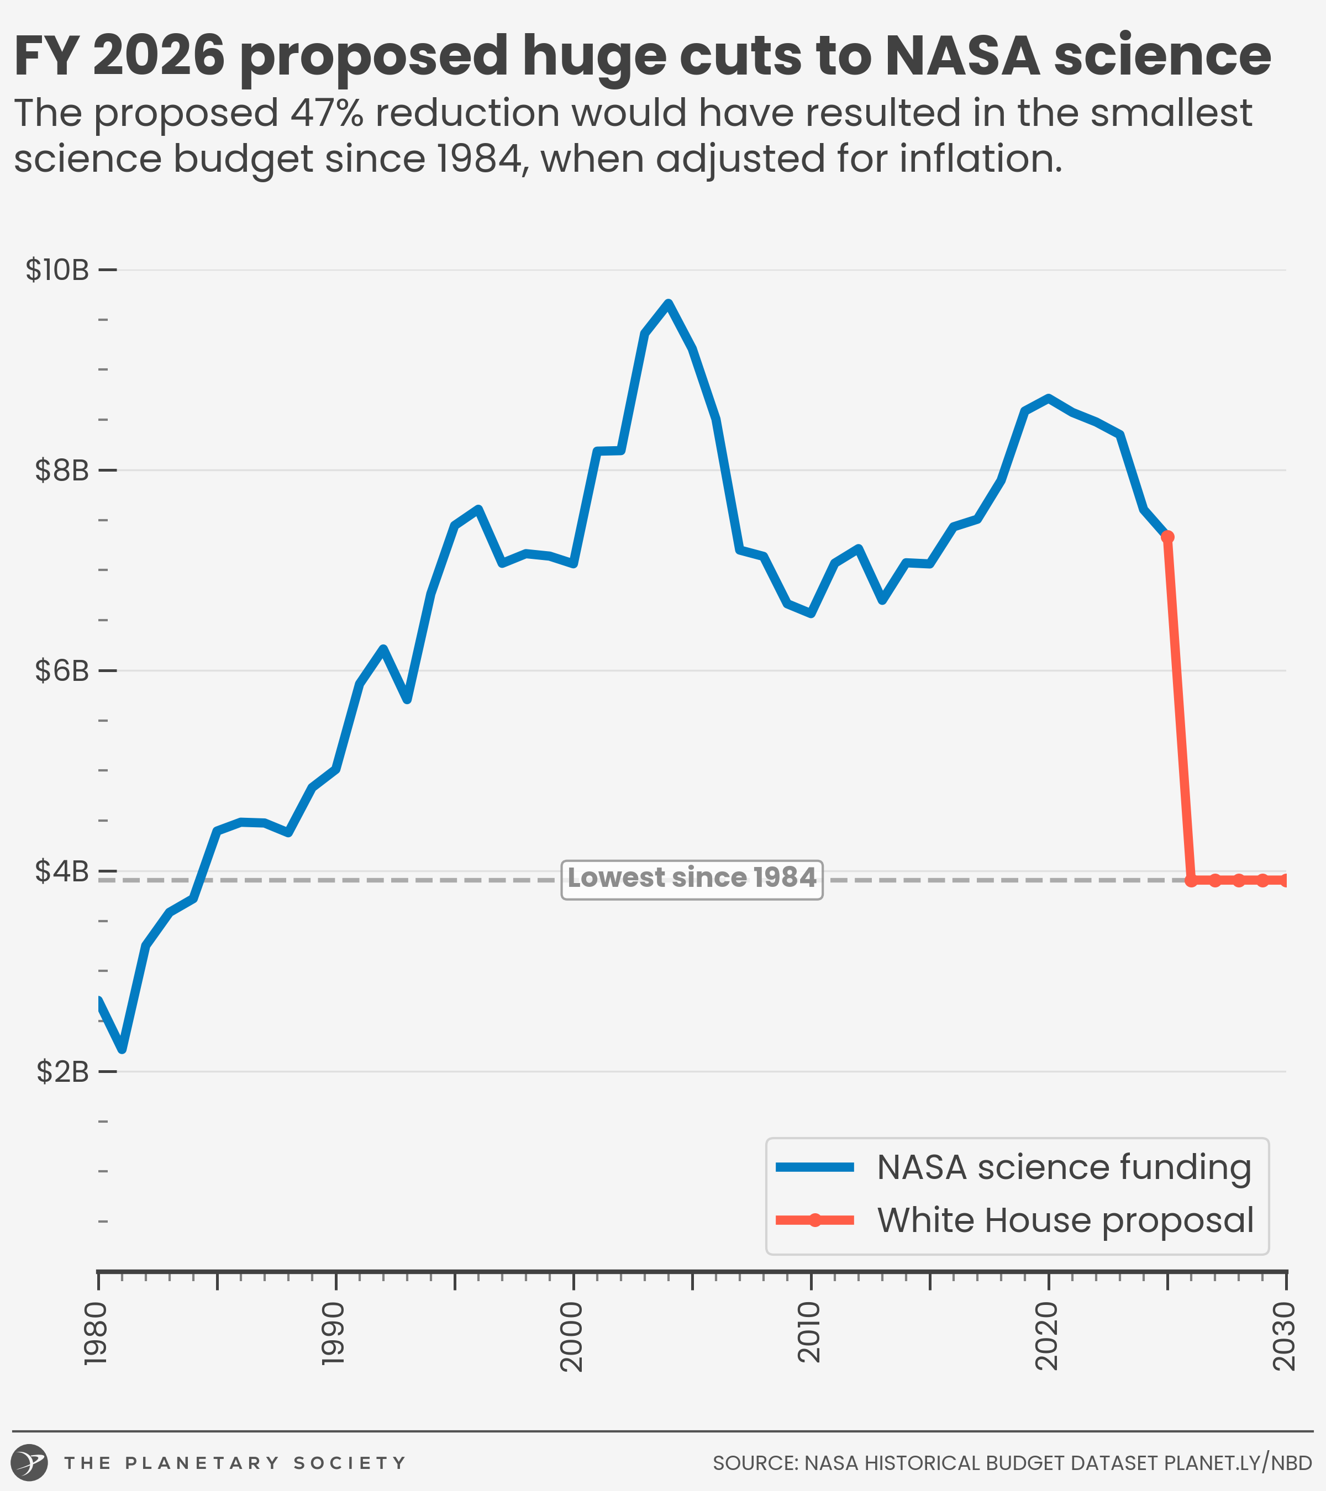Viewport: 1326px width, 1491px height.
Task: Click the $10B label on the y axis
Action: click(57, 270)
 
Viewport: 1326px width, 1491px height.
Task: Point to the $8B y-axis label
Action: click(62, 470)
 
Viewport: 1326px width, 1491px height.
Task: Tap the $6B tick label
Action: click(62, 670)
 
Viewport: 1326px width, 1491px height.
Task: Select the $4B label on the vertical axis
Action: click(62, 871)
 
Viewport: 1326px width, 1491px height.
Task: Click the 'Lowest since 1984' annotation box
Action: click(692, 879)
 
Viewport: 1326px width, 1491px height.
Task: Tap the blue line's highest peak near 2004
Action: click(668, 304)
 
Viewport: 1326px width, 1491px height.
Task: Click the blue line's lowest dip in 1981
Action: click(122, 1049)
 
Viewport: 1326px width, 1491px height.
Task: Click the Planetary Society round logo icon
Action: click(30, 1462)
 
